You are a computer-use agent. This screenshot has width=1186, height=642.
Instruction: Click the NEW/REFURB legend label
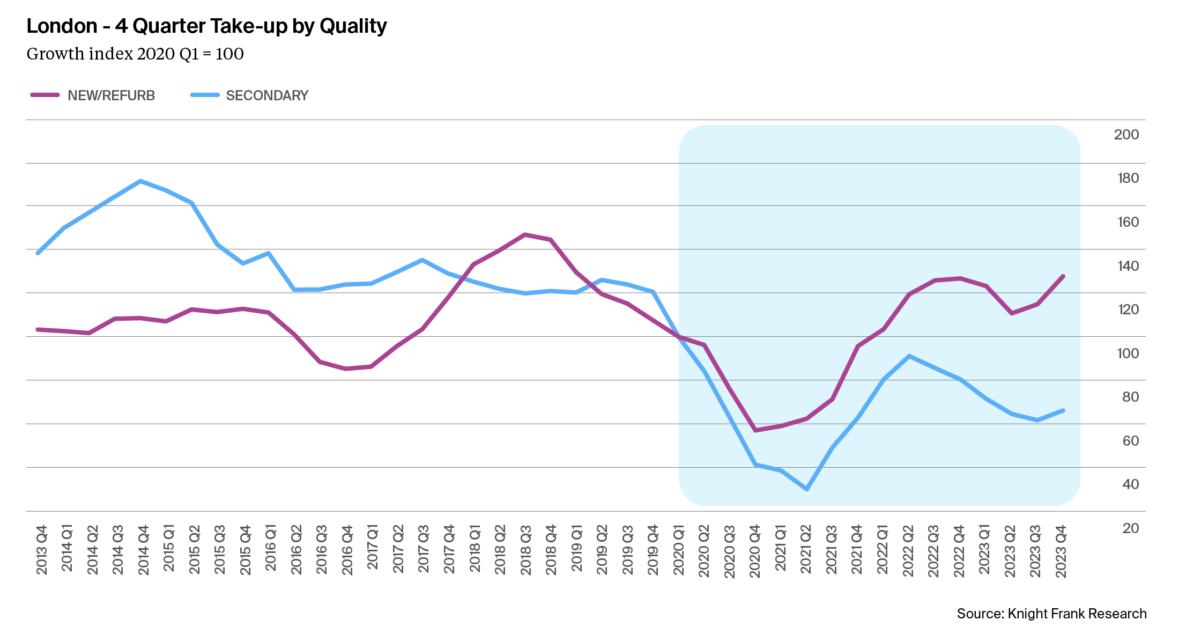(x=111, y=95)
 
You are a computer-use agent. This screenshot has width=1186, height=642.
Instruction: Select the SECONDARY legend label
(x=267, y=95)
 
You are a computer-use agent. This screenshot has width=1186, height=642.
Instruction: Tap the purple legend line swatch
(x=45, y=95)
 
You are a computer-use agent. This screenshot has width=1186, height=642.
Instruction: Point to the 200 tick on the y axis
(x=1126, y=135)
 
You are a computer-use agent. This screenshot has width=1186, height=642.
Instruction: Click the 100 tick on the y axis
(x=1126, y=353)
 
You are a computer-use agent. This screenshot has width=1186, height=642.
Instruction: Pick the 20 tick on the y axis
(x=1130, y=528)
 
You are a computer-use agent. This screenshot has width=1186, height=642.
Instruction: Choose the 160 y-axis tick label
(x=1126, y=222)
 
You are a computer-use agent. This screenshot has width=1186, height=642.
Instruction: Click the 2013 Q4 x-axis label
(x=42, y=550)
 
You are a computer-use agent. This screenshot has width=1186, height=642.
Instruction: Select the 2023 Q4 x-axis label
(x=1061, y=551)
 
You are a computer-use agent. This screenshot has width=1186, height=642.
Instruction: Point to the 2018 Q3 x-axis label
(x=526, y=550)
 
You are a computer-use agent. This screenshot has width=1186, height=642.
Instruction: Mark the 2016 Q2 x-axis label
(x=296, y=550)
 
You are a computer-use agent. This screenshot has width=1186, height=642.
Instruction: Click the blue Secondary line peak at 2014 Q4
(x=140, y=181)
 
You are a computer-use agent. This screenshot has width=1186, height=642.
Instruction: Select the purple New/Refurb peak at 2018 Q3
(x=525, y=234)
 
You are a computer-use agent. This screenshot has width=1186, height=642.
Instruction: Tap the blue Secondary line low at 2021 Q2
(x=806, y=489)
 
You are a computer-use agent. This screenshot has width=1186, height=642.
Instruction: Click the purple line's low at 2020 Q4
(x=755, y=430)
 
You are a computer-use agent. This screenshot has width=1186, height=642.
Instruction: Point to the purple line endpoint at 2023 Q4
(x=1063, y=276)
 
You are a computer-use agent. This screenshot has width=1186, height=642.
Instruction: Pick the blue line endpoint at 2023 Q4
(x=1063, y=410)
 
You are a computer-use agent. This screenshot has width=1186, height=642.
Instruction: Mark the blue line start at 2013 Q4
(x=38, y=253)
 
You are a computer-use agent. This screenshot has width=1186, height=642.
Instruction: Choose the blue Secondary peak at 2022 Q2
(x=909, y=356)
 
